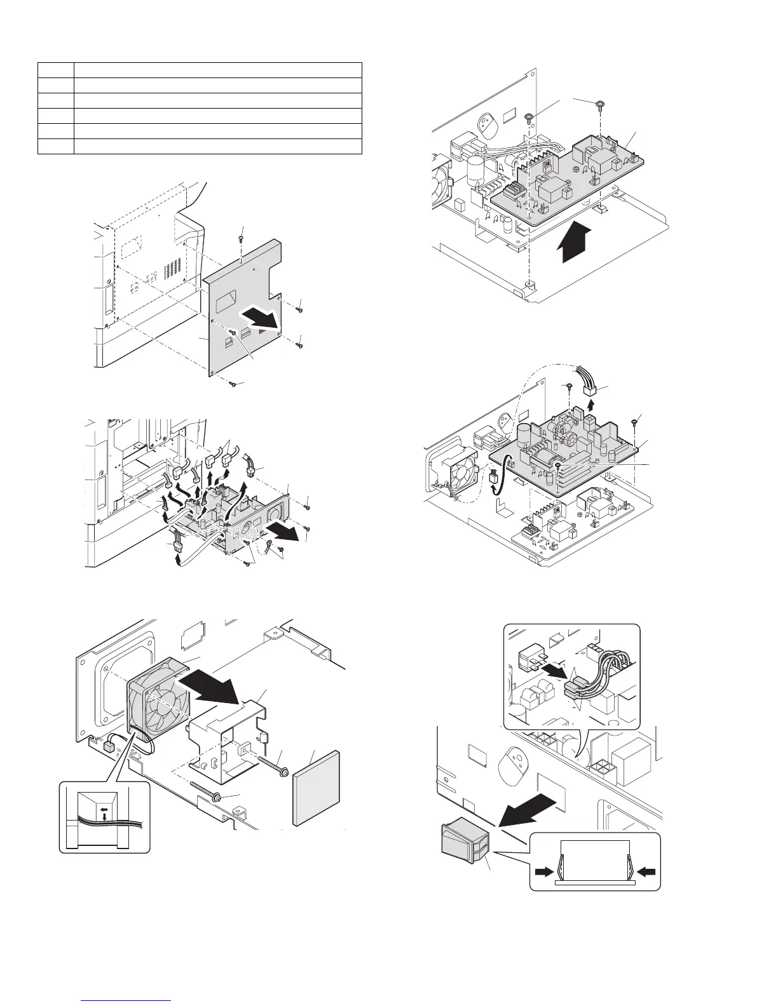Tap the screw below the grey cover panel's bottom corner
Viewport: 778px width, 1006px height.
(233, 384)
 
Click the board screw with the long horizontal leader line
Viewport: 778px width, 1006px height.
(558, 466)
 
